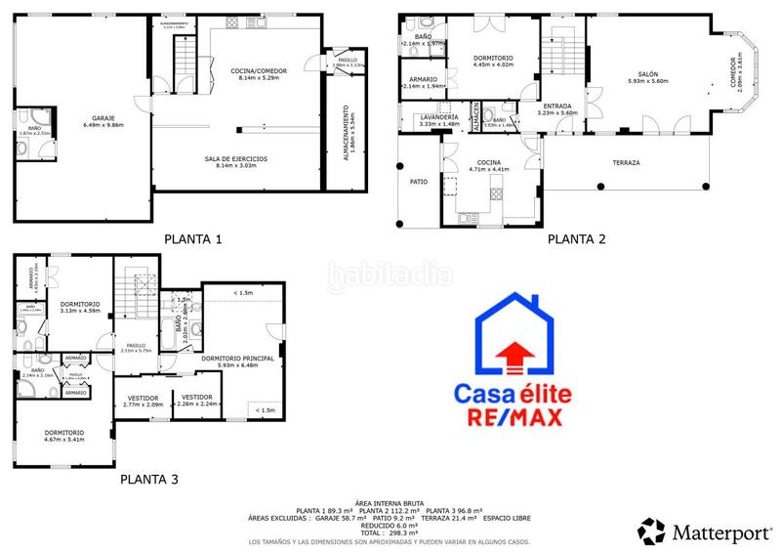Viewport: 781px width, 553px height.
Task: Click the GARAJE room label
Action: coord(103,118)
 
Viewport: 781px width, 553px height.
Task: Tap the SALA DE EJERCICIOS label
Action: coord(235,158)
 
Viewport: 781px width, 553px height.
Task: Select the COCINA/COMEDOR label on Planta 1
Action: coord(258,71)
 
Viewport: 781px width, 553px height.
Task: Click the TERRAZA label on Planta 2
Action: coord(626,162)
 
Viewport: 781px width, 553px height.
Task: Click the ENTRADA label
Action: coord(557,106)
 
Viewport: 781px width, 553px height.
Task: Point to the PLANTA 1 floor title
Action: coord(193,238)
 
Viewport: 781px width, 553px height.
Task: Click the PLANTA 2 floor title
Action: coord(576,238)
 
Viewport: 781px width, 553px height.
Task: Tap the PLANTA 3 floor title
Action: coord(149,480)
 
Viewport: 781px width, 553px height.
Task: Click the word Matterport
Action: coord(721,533)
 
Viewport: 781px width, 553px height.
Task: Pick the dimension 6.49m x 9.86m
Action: coord(103,126)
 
